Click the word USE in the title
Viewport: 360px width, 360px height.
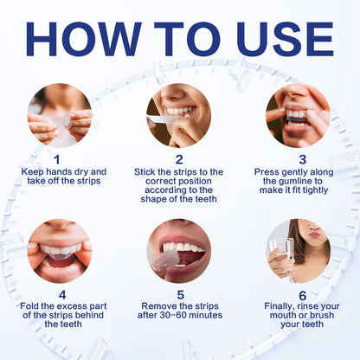(x=285, y=39)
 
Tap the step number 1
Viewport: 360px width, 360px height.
(x=57, y=159)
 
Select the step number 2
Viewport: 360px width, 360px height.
(x=179, y=159)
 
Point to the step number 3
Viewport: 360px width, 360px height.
(x=303, y=159)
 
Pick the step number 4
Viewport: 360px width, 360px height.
(x=62, y=295)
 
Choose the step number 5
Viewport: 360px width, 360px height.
(x=181, y=295)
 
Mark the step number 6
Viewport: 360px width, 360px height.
(x=303, y=296)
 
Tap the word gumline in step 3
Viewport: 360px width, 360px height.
(x=295, y=181)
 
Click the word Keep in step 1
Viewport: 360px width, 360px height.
(x=33, y=172)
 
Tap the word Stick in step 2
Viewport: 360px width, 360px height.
(x=145, y=172)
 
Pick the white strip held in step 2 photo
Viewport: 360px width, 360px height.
(x=162, y=119)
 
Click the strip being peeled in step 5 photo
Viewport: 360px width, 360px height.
(x=165, y=261)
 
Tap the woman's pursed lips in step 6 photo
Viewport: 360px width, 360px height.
(x=314, y=235)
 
